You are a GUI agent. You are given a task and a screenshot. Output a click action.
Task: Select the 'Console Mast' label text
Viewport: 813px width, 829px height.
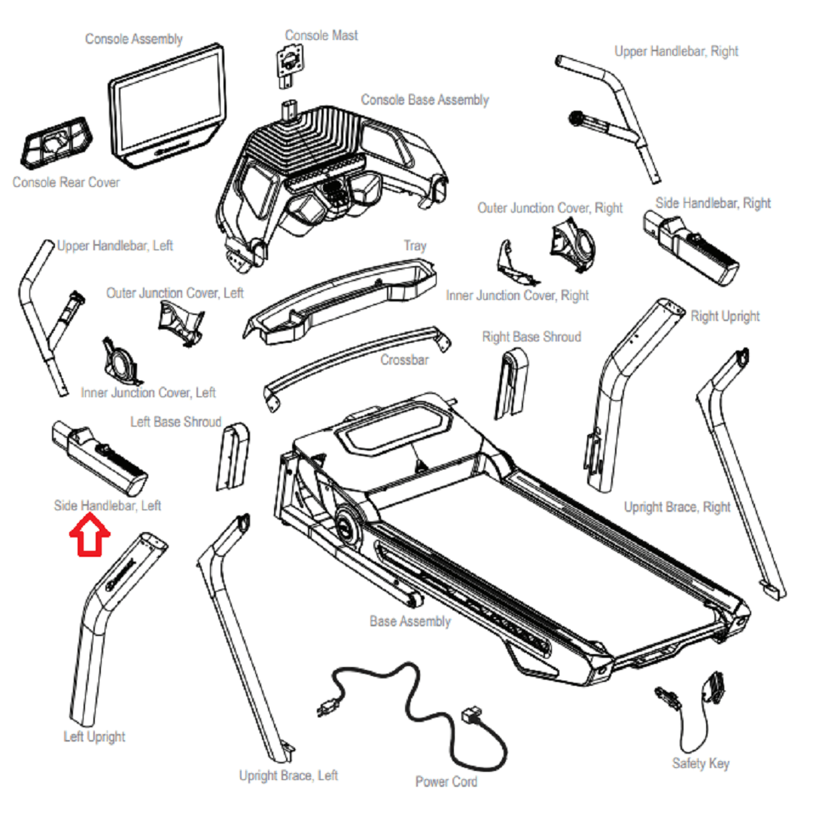tap(321, 35)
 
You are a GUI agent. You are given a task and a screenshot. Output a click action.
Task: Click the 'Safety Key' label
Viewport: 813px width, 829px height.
tap(700, 763)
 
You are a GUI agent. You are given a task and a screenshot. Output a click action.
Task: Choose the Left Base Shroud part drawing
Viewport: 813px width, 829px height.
tap(232, 457)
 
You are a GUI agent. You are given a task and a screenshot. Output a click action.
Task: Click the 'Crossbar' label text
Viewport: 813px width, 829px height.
tap(404, 359)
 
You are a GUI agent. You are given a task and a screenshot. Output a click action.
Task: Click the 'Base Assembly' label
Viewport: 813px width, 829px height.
tap(410, 622)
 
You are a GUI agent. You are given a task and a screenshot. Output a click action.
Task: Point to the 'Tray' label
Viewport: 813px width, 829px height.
tap(414, 246)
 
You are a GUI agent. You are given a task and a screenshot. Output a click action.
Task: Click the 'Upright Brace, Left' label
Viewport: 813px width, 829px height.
tap(288, 775)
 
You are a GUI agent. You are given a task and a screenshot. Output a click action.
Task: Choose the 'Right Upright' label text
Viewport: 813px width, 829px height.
tap(725, 317)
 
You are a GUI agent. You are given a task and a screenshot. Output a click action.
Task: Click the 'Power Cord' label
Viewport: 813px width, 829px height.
tap(446, 782)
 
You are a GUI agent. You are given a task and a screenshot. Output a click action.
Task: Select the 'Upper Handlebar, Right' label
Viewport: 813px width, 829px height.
tap(676, 51)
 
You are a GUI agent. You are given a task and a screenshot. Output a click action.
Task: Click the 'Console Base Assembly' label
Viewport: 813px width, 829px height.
tap(425, 99)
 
